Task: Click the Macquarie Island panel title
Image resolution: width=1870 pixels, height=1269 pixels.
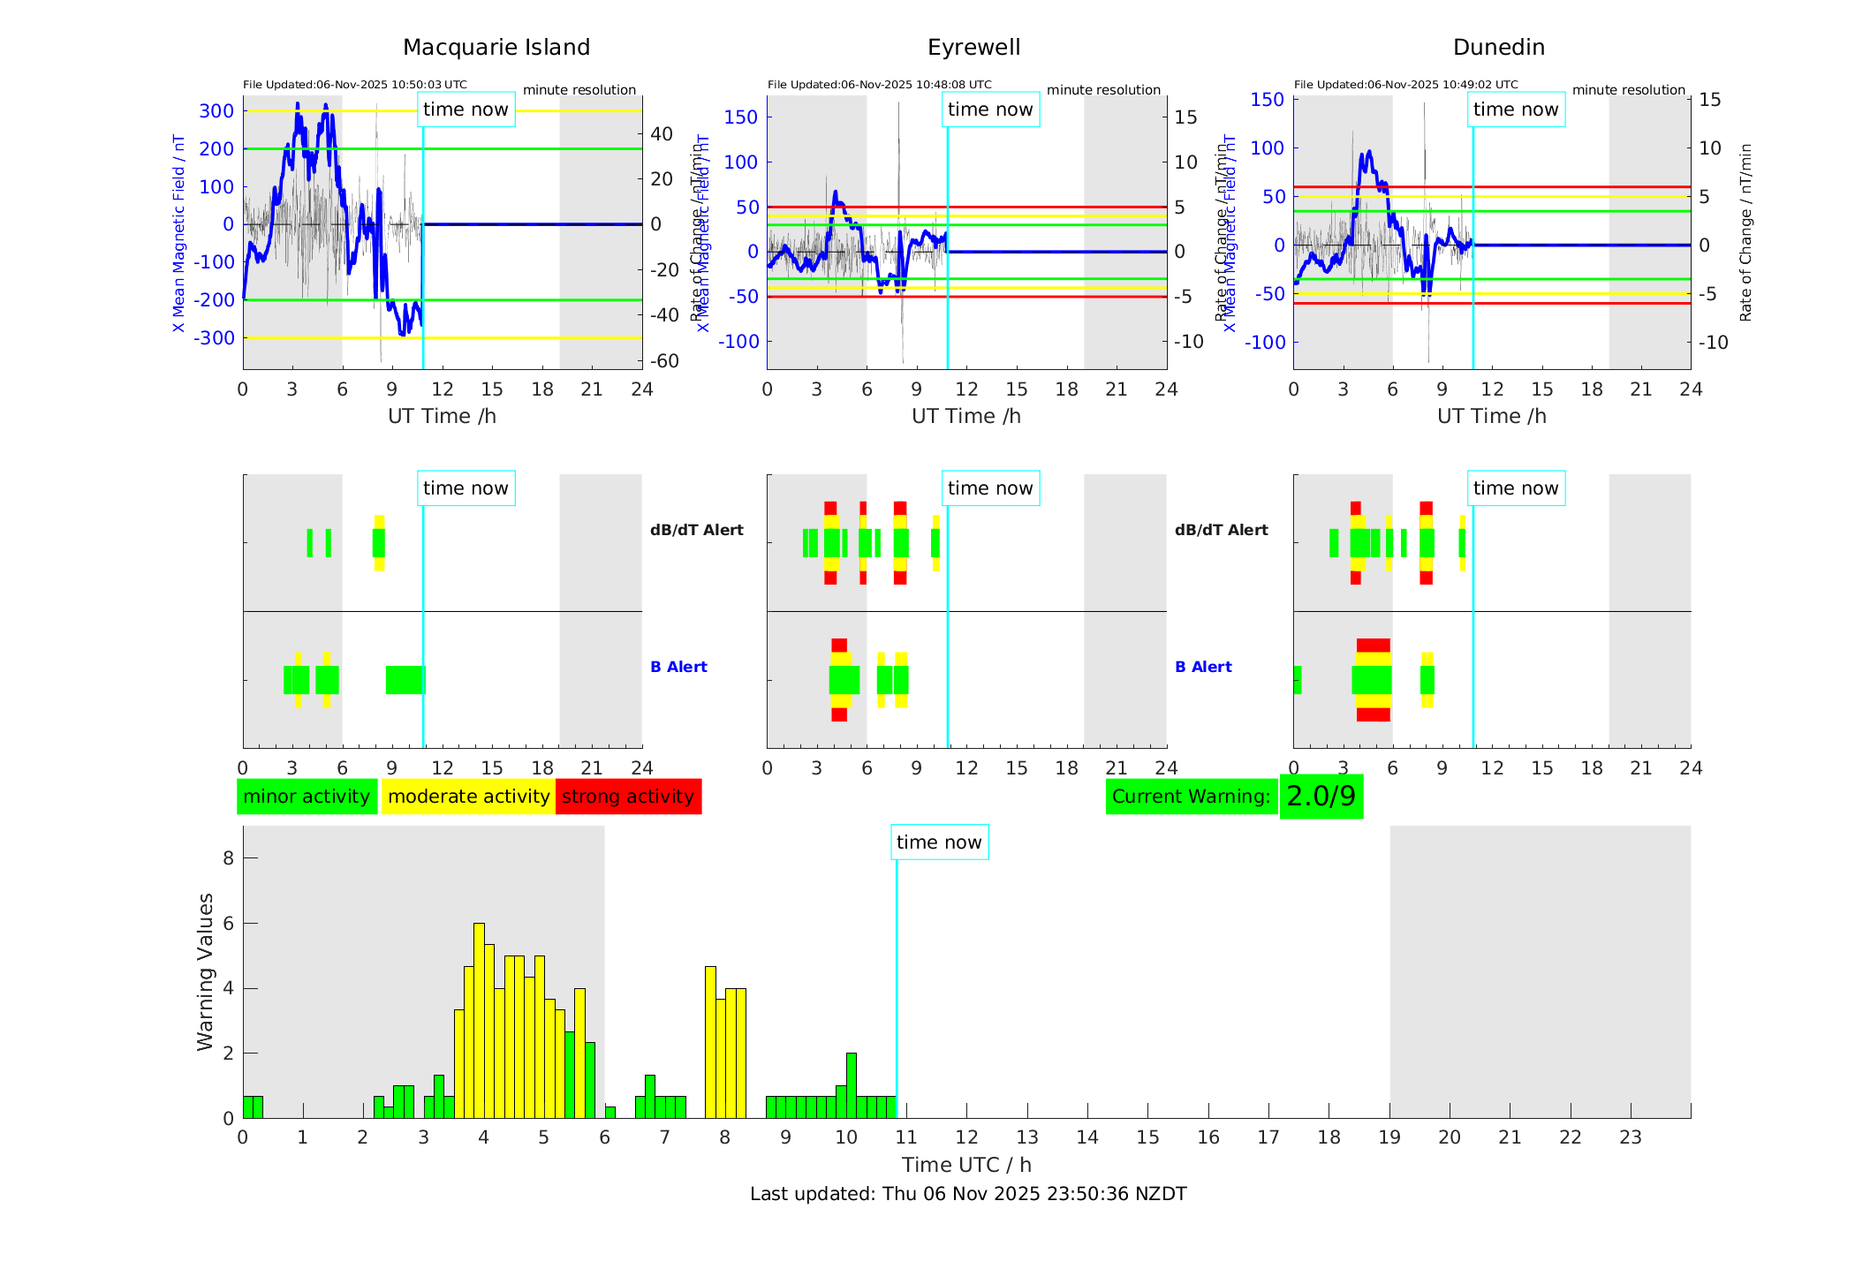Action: [496, 48]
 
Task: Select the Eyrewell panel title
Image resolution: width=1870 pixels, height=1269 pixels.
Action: [973, 48]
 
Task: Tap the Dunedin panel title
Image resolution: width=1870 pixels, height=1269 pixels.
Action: [1498, 48]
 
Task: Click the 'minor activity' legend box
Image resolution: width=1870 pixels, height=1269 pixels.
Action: [307, 797]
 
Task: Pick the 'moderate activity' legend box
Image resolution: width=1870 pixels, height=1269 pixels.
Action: [468, 797]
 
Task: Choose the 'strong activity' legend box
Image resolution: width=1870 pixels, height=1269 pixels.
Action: [628, 797]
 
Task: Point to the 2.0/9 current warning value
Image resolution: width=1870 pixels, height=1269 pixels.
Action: [1321, 797]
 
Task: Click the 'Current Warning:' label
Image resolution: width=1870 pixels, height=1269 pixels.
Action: [1191, 797]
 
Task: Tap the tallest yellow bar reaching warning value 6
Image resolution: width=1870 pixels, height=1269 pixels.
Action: [479, 1016]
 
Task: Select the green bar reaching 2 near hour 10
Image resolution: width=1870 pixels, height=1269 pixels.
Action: [852, 1085]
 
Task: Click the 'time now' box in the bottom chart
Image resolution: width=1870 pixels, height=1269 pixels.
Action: [939, 842]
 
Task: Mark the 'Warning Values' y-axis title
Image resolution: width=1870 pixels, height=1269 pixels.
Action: [206, 971]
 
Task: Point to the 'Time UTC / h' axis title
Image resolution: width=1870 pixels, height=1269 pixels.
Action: [966, 1165]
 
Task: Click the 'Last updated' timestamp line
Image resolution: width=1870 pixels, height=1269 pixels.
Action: [968, 1194]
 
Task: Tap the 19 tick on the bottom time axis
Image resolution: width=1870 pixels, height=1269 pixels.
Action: [1389, 1137]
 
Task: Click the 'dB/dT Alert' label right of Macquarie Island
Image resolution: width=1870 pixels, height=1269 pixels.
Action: [696, 530]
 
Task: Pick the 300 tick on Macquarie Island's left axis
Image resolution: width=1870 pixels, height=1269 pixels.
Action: [216, 111]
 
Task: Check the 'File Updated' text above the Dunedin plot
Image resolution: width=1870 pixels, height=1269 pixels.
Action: [1405, 85]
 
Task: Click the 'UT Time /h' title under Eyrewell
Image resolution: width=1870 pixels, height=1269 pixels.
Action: [966, 416]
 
